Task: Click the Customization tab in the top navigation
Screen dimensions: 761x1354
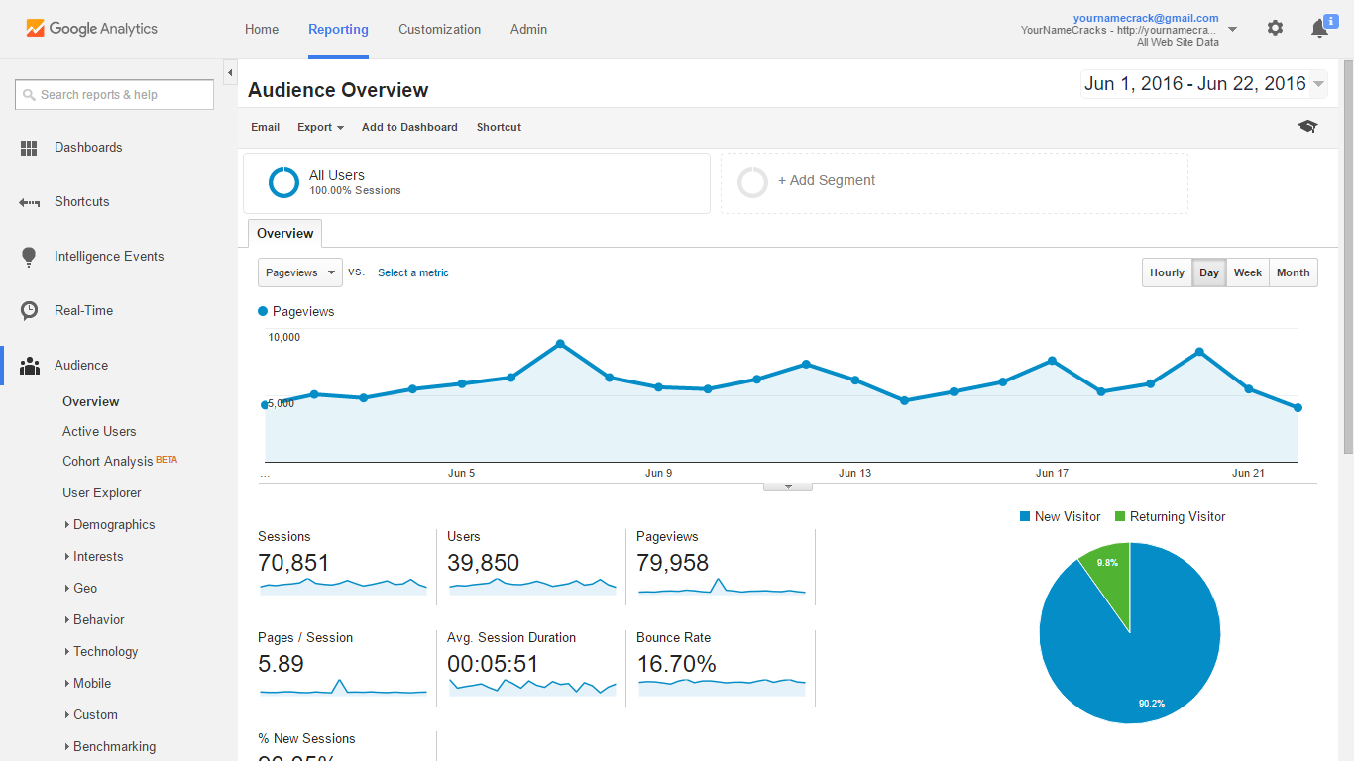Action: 439,29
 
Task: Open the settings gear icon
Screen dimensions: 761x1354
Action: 1275,29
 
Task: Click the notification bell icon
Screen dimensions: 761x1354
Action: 1319,29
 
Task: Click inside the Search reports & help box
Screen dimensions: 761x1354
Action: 114,95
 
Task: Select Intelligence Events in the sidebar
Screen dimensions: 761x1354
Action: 108,257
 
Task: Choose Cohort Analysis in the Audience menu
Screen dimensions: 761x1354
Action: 108,462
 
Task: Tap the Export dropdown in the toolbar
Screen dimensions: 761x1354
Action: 320,127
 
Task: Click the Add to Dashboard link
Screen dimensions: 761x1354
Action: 409,127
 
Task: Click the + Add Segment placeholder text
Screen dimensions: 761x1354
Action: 826,181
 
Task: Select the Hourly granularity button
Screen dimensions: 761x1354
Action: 1167,273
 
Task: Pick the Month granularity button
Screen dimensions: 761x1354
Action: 1293,273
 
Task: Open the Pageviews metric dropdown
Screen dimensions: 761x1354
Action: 299,272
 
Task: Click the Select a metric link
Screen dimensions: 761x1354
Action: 412,273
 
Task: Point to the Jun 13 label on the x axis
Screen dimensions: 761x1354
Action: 854,474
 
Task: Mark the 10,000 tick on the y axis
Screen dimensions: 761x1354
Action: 283,338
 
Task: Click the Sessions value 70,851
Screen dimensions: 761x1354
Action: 293,563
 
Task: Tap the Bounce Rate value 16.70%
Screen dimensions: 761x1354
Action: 676,664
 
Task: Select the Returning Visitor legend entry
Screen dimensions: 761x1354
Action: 1177,517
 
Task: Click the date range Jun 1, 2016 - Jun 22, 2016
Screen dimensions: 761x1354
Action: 1194,84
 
